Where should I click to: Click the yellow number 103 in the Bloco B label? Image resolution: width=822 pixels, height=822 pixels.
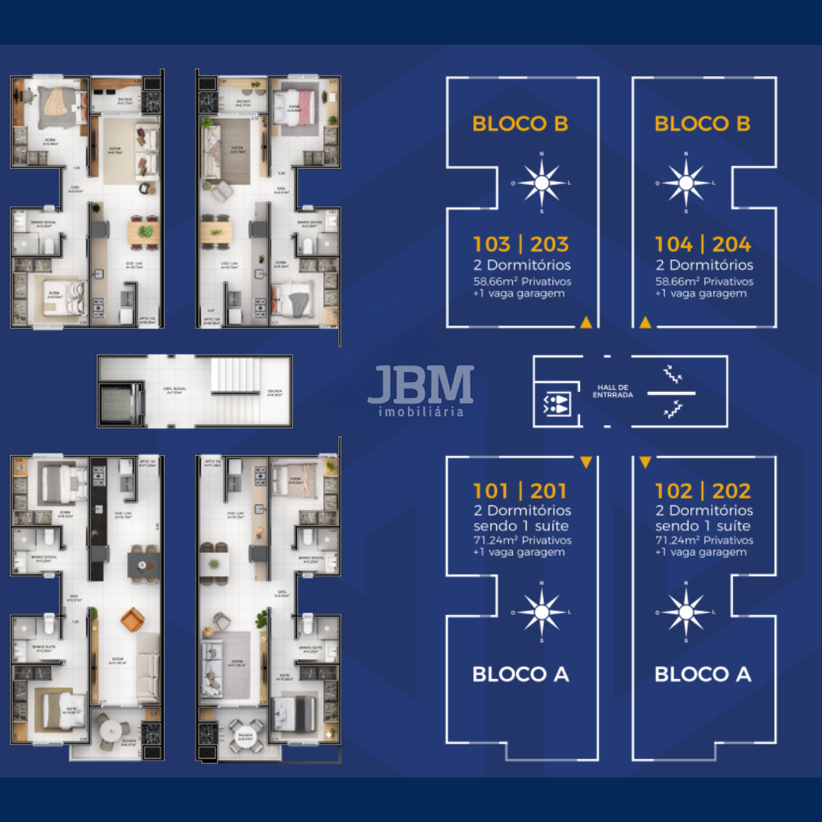(492, 244)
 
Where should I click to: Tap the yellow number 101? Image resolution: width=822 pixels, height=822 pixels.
(492, 491)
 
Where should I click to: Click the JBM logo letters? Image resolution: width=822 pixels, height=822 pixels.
(421, 386)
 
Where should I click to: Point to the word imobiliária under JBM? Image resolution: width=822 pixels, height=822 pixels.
(421, 412)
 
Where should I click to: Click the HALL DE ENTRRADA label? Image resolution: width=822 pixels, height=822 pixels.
(613, 391)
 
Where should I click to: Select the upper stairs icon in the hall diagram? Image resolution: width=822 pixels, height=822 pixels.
(672, 374)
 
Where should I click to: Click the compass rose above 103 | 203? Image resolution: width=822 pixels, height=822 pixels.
(541, 183)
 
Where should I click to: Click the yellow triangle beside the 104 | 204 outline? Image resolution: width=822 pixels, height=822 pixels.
(645, 323)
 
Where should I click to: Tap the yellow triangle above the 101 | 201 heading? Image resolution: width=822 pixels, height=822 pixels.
(585, 462)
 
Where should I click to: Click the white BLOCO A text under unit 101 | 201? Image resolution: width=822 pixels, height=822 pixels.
(521, 674)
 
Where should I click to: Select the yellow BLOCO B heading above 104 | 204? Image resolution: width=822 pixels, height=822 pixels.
(703, 124)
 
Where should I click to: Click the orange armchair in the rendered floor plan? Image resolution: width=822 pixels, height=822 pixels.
(131, 620)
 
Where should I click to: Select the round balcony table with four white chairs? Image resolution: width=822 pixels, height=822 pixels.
(110, 730)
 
